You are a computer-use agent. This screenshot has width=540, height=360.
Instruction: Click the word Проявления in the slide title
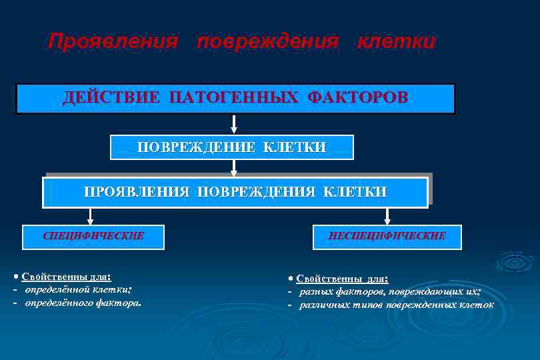pyautogui.click(x=113, y=42)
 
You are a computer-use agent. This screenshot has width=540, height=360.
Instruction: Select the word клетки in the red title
pyautogui.click(x=396, y=42)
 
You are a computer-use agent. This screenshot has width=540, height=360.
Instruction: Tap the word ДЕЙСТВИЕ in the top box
pyautogui.click(x=111, y=98)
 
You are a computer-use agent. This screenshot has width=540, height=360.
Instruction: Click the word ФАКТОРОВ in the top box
pyautogui.click(x=357, y=98)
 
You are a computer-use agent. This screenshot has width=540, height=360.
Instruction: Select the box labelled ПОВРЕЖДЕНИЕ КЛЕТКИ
pyautogui.click(x=231, y=147)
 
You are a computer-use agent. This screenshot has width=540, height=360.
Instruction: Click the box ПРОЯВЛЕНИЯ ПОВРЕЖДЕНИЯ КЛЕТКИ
pyautogui.click(x=235, y=192)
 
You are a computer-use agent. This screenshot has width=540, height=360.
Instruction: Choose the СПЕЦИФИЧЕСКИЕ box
pyautogui.click(x=93, y=236)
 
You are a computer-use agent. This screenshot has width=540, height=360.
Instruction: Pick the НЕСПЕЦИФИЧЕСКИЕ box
pyautogui.click(x=387, y=236)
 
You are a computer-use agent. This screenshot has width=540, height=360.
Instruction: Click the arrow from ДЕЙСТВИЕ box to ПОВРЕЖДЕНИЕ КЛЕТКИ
pyautogui.click(x=234, y=125)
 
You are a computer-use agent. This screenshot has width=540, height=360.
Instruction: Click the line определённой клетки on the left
pyautogui.click(x=78, y=289)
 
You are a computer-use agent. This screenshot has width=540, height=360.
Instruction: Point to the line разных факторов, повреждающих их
pyautogui.click(x=389, y=292)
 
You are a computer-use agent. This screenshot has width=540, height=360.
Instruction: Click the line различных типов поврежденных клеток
pyautogui.click(x=396, y=305)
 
